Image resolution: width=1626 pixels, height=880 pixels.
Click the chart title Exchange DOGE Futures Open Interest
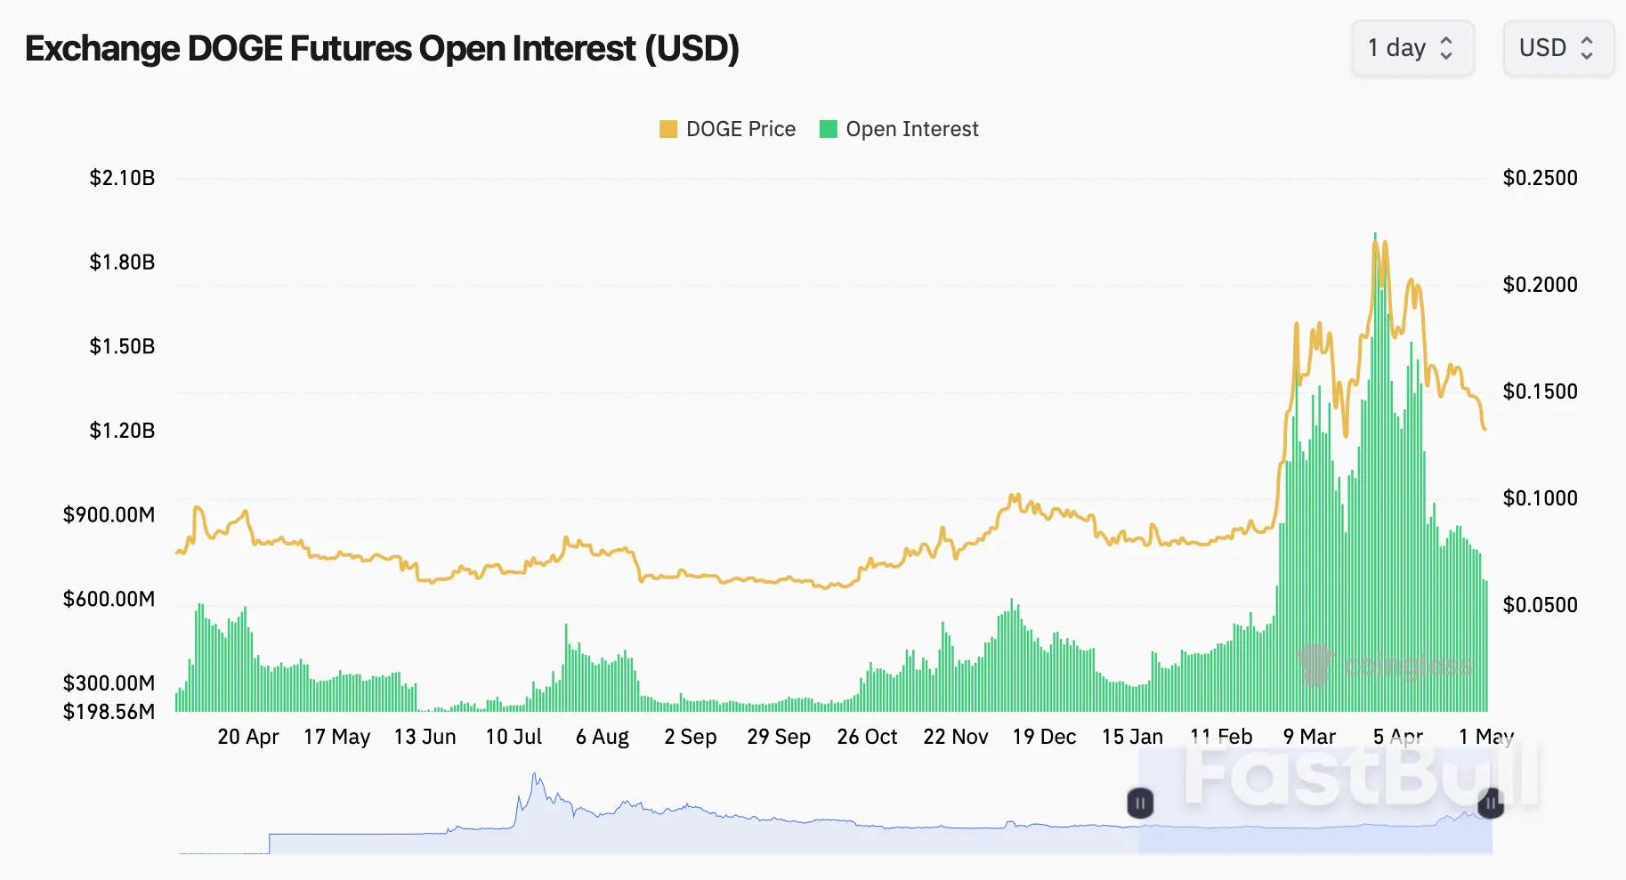[x=382, y=49]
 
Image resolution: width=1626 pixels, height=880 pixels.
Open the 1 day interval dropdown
[x=1412, y=48]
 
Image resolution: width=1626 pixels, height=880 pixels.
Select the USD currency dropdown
[x=1557, y=48]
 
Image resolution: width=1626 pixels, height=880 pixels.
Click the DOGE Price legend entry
[x=727, y=129]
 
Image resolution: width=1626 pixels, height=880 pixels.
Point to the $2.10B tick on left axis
[x=122, y=178]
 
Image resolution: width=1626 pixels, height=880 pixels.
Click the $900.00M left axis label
[x=109, y=515]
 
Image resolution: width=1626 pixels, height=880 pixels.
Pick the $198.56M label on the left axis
[x=109, y=712]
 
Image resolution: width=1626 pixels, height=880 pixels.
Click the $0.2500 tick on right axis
[x=1540, y=178]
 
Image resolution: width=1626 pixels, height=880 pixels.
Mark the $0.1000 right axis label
[x=1540, y=498]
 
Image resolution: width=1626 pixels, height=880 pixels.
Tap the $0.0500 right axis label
[x=1540, y=605]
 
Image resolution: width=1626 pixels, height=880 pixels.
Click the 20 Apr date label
[x=247, y=737]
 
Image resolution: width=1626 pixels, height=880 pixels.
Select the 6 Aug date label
[x=602, y=737]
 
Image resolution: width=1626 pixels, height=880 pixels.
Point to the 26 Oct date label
[x=867, y=737]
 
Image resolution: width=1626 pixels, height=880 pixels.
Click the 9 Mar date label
[x=1309, y=737]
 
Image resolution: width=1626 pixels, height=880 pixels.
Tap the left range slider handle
[x=1140, y=803]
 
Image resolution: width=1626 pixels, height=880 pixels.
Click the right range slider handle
[x=1491, y=803]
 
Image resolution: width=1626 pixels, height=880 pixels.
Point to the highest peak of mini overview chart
[x=535, y=774]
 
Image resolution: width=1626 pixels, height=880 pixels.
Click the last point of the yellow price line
[x=1484, y=430]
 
